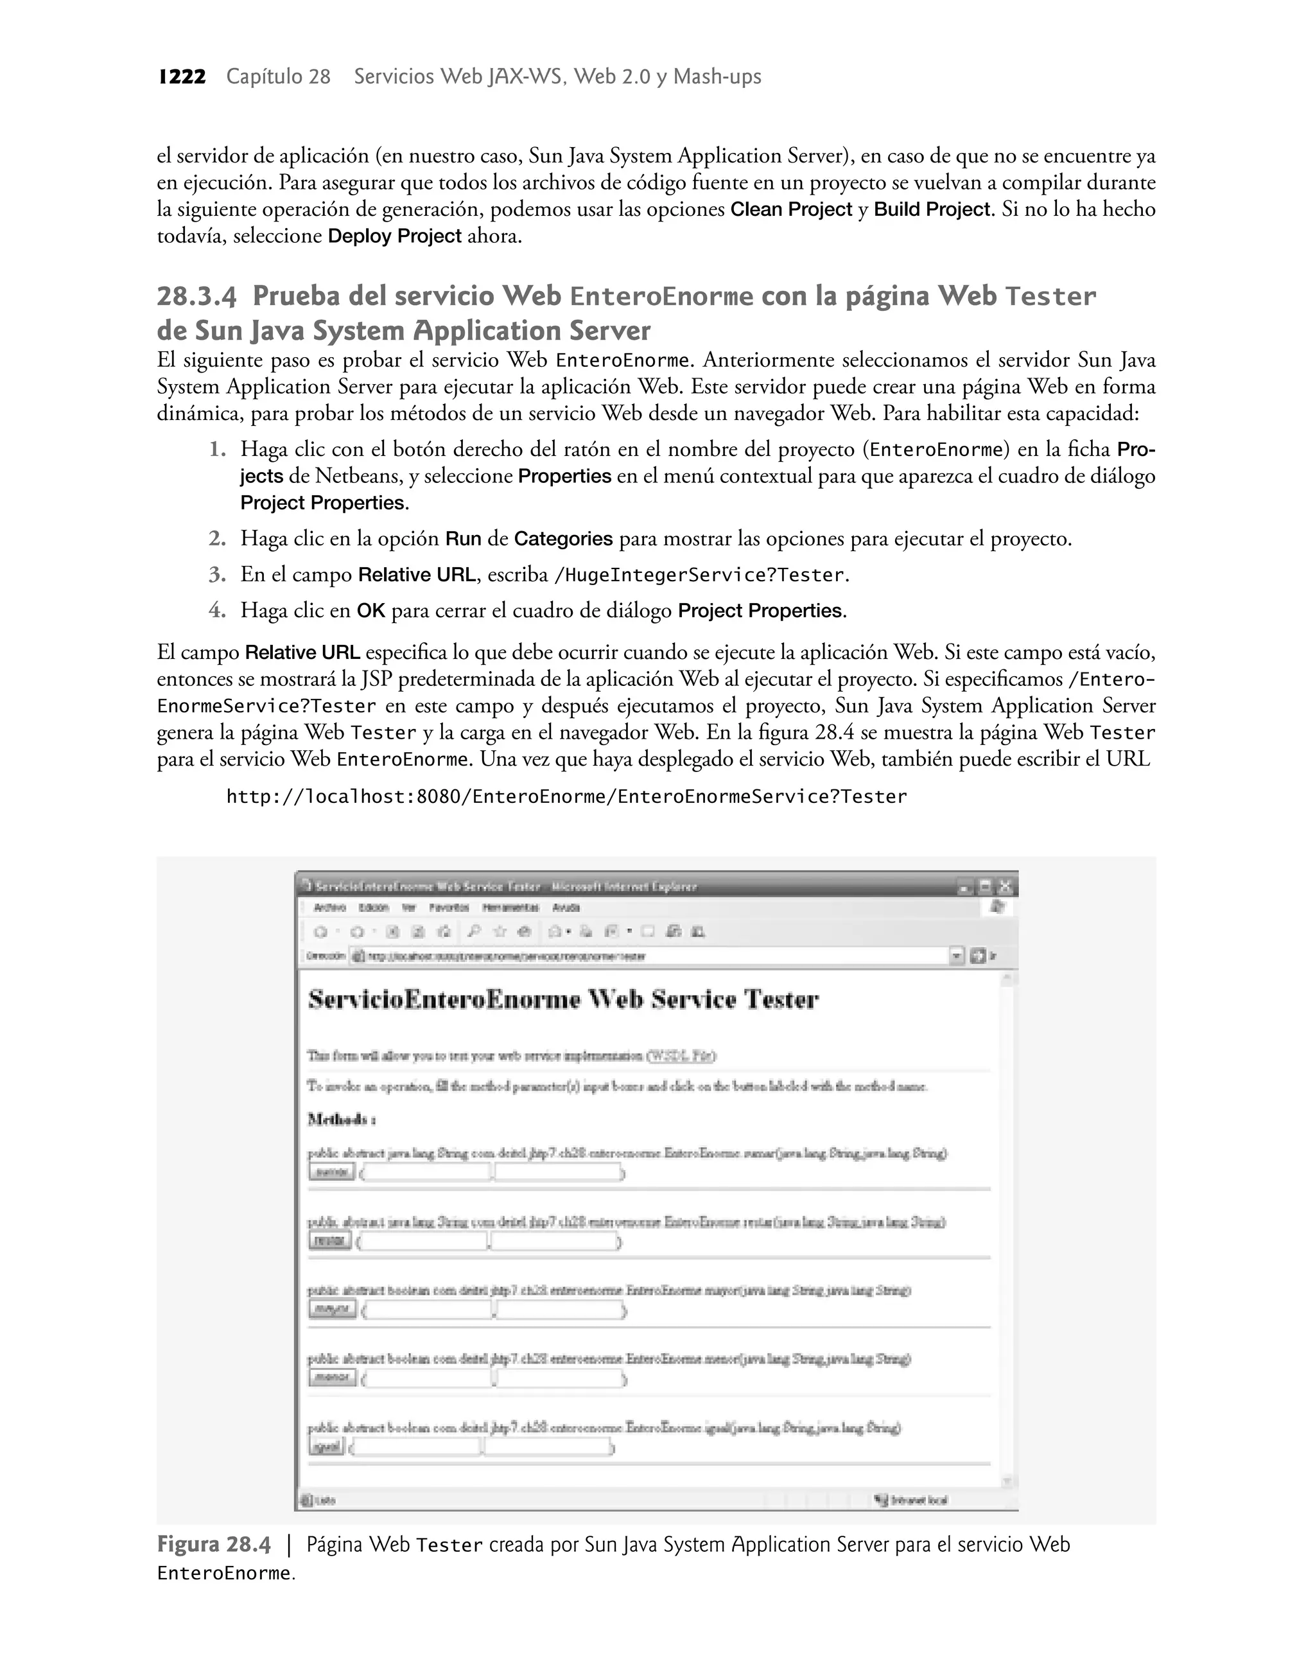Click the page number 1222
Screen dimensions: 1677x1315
pyautogui.click(x=182, y=77)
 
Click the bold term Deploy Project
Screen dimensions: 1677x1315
pyautogui.click(x=394, y=236)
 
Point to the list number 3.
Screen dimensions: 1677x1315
pyautogui.click(x=217, y=574)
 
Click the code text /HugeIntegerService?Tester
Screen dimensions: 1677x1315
pyautogui.click(x=700, y=575)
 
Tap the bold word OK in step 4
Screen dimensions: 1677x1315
pyautogui.click(x=370, y=611)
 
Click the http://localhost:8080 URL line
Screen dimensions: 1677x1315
pyautogui.click(x=567, y=797)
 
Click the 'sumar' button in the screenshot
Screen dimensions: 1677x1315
pyautogui.click(x=332, y=1172)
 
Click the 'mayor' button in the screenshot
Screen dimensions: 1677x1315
pyautogui.click(x=333, y=1309)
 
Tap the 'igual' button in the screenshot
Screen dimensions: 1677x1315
pyautogui.click(x=326, y=1447)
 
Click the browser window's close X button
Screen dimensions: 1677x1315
pyautogui.click(x=1006, y=887)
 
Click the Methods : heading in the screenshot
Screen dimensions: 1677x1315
pyautogui.click(x=341, y=1119)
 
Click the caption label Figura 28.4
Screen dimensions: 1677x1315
pyautogui.click(x=214, y=1545)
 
